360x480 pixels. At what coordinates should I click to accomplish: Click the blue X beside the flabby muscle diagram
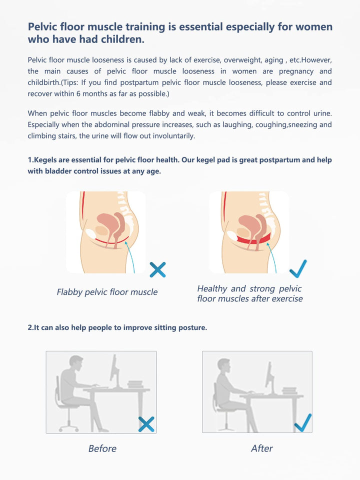(x=157, y=269)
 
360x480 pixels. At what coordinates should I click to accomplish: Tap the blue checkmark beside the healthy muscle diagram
(x=298, y=269)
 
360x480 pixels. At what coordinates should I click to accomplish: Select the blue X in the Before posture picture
(x=146, y=424)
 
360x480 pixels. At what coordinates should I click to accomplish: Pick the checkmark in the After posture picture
(x=303, y=423)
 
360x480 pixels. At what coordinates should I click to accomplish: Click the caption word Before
(x=102, y=448)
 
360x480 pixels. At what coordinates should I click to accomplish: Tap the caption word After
(x=261, y=448)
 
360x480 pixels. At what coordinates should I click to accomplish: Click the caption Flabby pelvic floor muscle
(x=107, y=292)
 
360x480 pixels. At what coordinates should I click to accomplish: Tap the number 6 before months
(x=78, y=93)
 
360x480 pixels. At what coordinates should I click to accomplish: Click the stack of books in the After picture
(x=289, y=390)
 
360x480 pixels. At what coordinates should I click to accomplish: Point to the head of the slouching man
(x=76, y=363)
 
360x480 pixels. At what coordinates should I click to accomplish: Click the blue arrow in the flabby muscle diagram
(x=130, y=256)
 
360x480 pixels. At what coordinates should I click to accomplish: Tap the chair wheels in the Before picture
(x=68, y=427)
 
